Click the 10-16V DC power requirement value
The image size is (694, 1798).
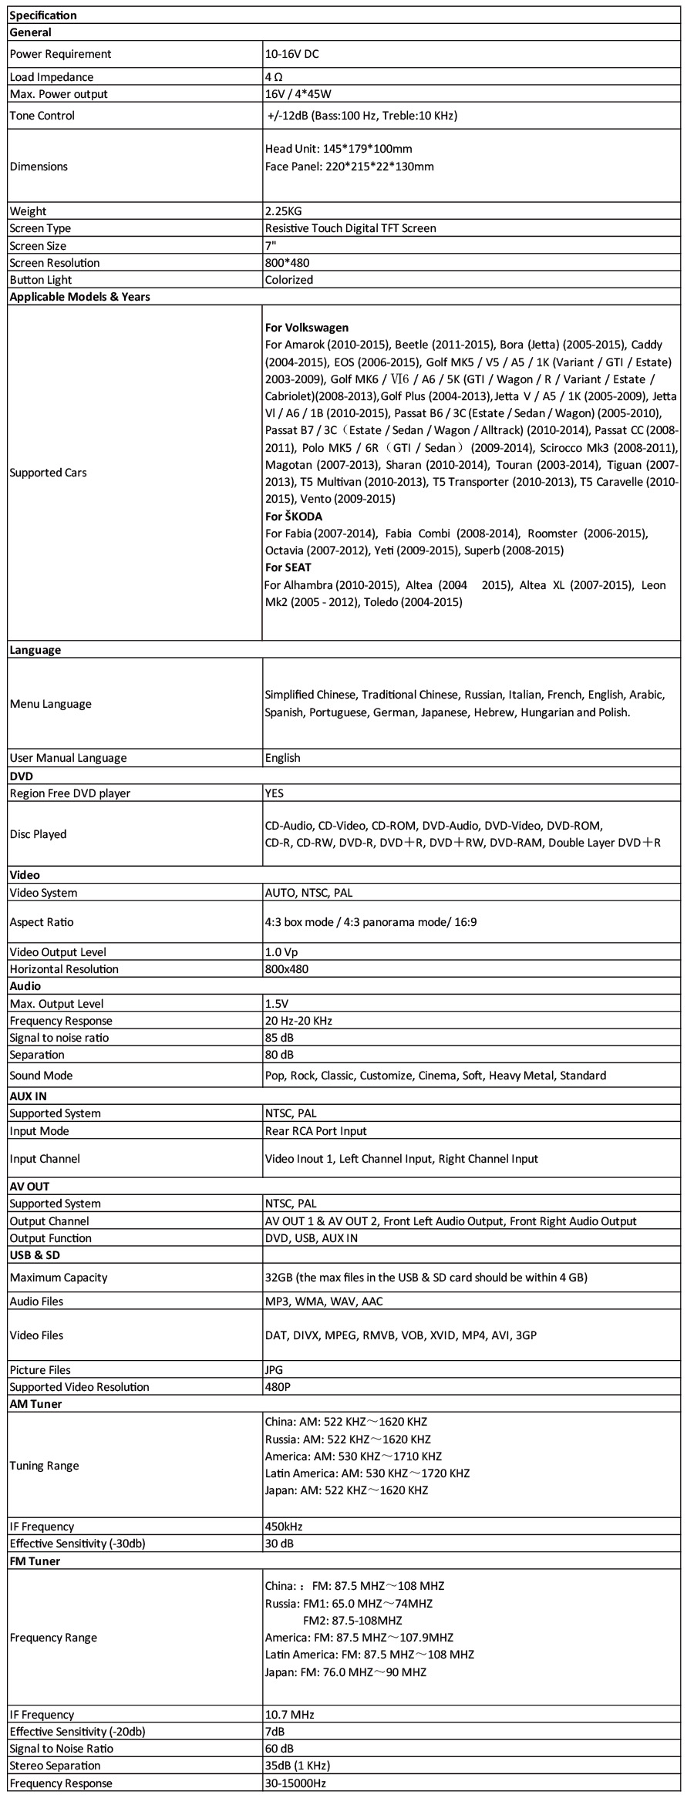pos(291,54)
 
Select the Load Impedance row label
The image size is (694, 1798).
pos(51,77)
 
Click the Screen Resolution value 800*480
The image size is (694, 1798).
pos(287,263)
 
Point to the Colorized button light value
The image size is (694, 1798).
pos(288,280)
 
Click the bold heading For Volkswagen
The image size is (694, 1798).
pos(306,328)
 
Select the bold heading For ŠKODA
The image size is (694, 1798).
pos(293,517)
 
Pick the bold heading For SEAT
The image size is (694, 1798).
pos(288,567)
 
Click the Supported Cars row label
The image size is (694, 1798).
pos(48,473)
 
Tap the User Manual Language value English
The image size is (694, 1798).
pos(282,758)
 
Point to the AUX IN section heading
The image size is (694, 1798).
pos(28,1096)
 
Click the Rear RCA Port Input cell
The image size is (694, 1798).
pos(315,1131)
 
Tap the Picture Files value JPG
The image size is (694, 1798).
pos(274,1370)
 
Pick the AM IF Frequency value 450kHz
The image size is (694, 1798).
pos(283,1527)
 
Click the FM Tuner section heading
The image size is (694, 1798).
pos(35,1561)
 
